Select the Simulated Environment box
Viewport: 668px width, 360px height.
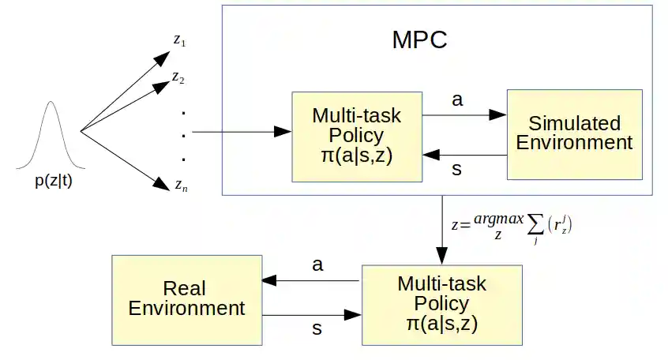pos(574,133)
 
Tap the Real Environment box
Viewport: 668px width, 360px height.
pos(186,298)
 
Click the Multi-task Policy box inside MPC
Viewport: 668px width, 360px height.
pos(357,136)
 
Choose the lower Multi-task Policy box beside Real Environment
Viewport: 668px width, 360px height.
pos(441,303)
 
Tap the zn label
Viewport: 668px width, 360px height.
pos(181,186)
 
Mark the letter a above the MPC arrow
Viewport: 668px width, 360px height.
pos(456,100)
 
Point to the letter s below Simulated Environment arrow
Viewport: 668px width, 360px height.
pos(456,170)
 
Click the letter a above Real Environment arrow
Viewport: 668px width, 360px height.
pos(317,265)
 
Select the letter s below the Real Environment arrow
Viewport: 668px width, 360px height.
pos(317,329)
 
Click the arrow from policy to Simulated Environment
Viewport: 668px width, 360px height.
pos(464,114)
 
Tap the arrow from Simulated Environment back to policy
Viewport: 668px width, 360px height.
pos(464,155)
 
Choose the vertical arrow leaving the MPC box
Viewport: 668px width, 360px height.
pos(441,229)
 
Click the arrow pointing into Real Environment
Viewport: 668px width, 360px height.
pos(311,280)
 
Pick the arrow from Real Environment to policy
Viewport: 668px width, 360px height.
pos(311,315)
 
